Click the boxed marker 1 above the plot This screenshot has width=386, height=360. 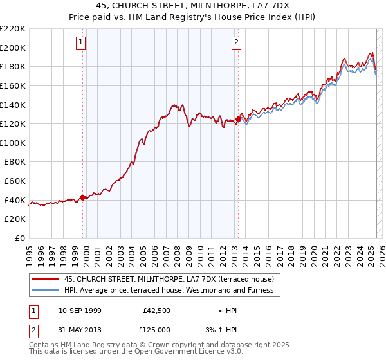tap(81, 43)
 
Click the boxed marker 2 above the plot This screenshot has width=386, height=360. tap(236, 43)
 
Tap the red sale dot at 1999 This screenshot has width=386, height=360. tap(83, 198)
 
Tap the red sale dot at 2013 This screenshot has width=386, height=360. tap(238, 119)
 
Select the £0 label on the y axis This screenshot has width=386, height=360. tap(19, 239)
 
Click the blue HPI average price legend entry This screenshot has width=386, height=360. tap(169, 290)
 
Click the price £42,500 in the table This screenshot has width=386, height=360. tap(156, 310)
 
